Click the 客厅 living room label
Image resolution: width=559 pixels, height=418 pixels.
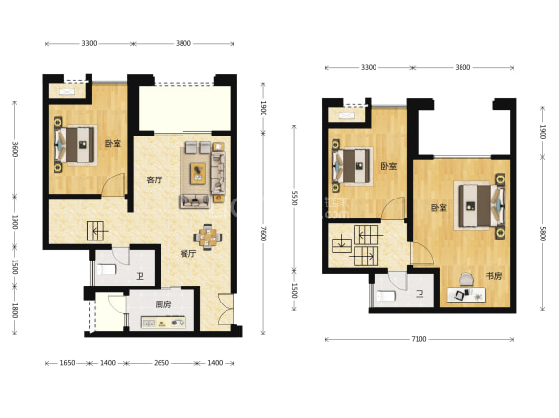pyautogui.click(x=155, y=179)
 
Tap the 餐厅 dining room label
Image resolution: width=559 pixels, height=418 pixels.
pyautogui.click(x=188, y=254)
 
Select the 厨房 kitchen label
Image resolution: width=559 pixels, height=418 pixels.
pyautogui.click(x=163, y=304)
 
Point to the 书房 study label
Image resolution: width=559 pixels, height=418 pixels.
pyautogui.click(x=494, y=276)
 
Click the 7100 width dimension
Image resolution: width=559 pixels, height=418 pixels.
pyautogui.click(x=419, y=339)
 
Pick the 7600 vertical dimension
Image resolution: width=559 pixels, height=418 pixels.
pyautogui.click(x=263, y=234)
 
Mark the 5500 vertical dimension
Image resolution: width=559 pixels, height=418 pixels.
pyautogui.click(x=294, y=198)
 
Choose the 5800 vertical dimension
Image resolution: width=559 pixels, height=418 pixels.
pyautogui.click(x=542, y=234)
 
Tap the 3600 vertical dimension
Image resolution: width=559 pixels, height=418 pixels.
pyautogui.click(x=15, y=149)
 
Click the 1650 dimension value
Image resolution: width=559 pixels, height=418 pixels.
pyautogui.click(x=67, y=363)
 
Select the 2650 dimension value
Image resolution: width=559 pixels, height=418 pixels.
pyautogui.click(x=161, y=363)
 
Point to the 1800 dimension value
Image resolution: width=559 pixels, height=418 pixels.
pyautogui.click(x=15, y=310)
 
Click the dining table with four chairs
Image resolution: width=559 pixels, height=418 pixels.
pyautogui.click(x=207, y=237)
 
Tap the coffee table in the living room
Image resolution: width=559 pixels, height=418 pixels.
pyautogui.click(x=198, y=174)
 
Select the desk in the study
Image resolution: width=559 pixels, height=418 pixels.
pyautogui.click(x=466, y=295)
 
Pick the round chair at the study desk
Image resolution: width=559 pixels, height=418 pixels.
pyautogui.click(x=465, y=280)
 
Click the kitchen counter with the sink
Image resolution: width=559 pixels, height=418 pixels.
pyautogui.click(x=163, y=323)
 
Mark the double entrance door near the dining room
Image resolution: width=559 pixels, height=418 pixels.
pyautogui.click(x=226, y=309)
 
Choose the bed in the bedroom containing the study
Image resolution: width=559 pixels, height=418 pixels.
pyautogui.click(x=480, y=206)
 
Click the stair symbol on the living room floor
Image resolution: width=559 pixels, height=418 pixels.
pyautogui.click(x=97, y=231)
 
